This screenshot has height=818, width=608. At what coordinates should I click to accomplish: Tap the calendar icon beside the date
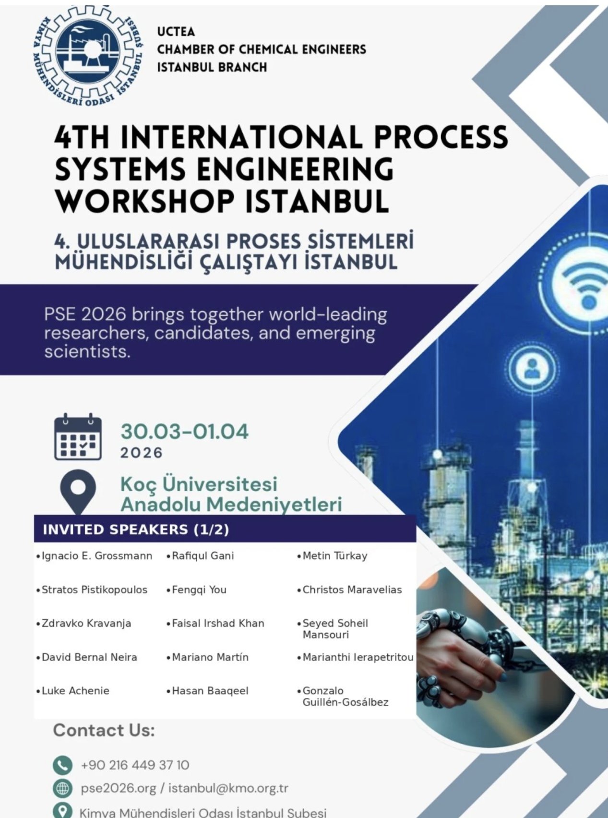(x=78, y=436)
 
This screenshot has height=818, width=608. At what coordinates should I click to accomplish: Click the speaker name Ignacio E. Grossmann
(x=95, y=556)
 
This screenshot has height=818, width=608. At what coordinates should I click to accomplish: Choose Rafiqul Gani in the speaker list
(x=201, y=556)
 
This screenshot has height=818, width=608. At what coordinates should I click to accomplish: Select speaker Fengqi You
(x=197, y=589)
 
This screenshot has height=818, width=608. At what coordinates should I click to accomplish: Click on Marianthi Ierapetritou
(x=356, y=657)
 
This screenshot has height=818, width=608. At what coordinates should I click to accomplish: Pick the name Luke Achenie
(x=73, y=691)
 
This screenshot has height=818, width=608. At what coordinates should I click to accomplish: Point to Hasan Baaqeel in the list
(x=208, y=691)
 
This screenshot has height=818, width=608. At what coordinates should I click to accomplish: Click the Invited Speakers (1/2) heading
(x=136, y=529)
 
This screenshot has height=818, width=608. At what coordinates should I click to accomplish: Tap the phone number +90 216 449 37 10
(x=135, y=765)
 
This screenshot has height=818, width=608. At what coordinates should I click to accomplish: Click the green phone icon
(x=62, y=765)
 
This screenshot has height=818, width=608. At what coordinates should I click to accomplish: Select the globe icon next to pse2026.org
(x=62, y=788)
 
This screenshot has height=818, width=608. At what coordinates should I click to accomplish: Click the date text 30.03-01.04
(x=185, y=431)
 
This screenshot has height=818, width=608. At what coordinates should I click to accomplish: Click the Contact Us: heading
(x=104, y=730)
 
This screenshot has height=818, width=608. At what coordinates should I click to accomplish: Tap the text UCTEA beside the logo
(x=176, y=32)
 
